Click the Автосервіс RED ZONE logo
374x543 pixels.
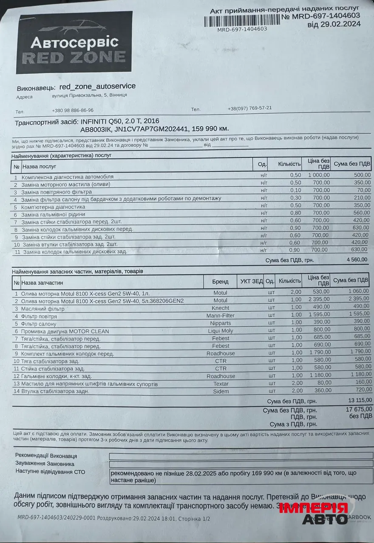coord(74,42)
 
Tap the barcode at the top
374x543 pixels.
coord(242,21)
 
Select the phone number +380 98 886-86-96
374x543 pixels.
coord(73,110)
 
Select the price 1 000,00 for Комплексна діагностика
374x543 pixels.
coord(319,175)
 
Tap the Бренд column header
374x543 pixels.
coord(221,281)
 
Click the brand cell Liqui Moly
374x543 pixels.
coord(221,331)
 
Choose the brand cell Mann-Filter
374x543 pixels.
coord(221,316)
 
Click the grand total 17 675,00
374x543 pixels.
coord(359,409)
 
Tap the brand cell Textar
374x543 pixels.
coord(221,384)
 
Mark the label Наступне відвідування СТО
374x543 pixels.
coord(51,471)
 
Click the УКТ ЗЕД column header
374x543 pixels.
coord(252,281)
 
